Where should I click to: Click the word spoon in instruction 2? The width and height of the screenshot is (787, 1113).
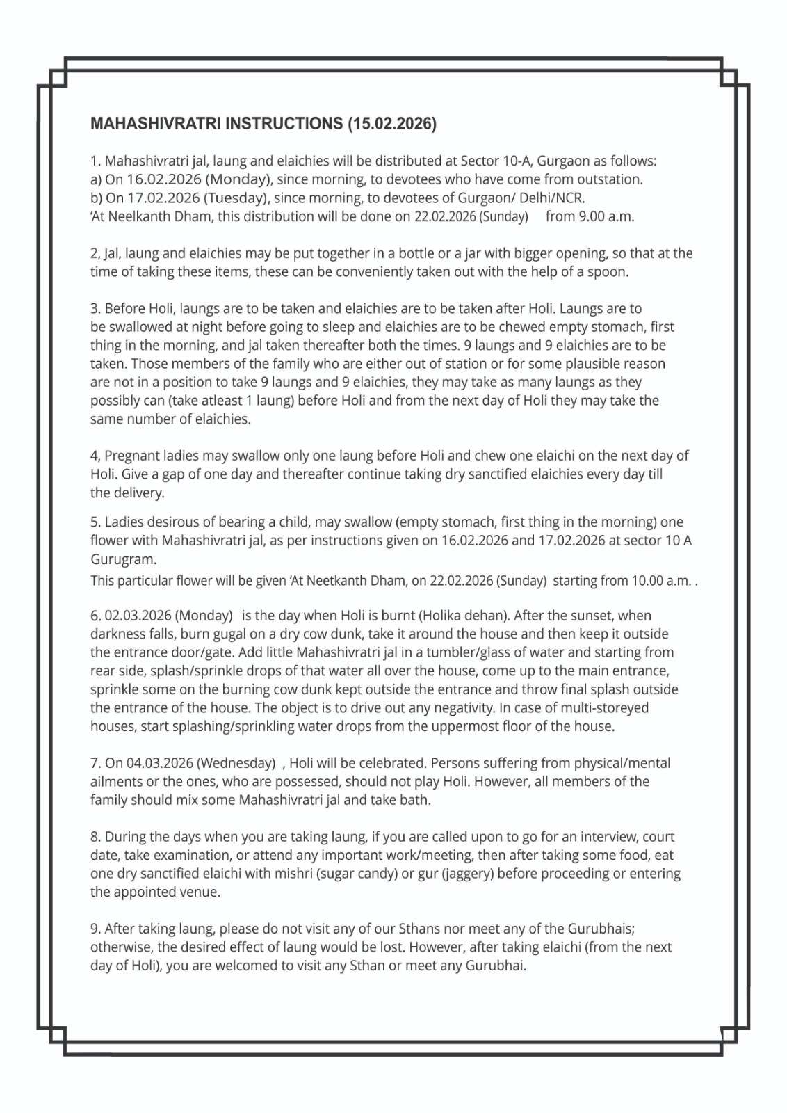coord(608,272)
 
